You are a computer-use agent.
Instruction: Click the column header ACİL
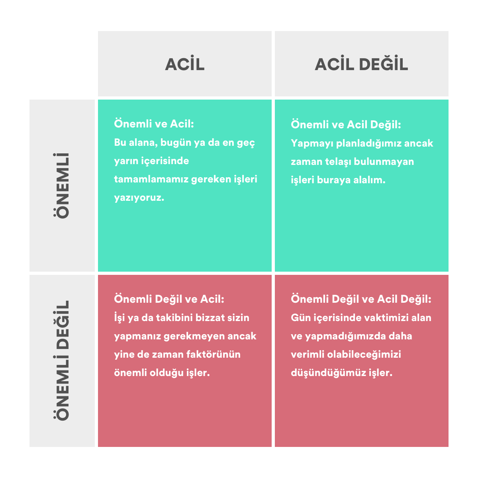(185, 64)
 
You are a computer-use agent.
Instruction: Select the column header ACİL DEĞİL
(361, 64)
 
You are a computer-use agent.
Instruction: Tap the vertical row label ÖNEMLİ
(62, 185)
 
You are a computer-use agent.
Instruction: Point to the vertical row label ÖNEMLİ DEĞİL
(62, 360)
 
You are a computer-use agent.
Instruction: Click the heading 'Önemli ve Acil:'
(154, 124)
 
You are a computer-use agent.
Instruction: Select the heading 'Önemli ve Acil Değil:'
(346, 125)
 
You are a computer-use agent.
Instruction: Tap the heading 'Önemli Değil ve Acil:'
(169, 299)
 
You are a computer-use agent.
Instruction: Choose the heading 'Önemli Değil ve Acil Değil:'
(361, 299)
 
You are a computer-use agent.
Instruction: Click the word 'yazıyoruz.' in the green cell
(139, 198)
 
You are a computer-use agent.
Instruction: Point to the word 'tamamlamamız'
(151, 179)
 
